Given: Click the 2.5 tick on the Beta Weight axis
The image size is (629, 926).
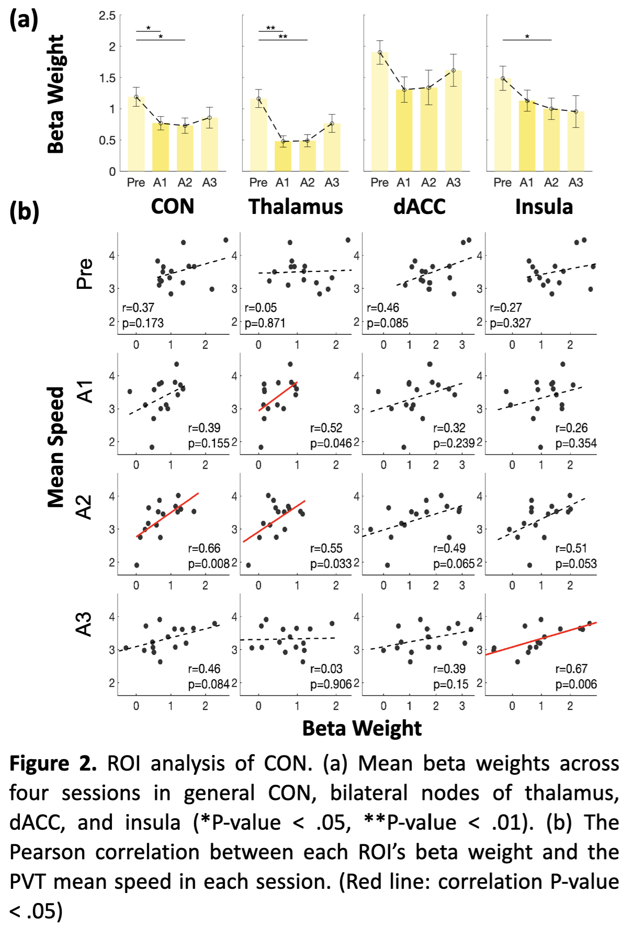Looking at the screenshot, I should coord(107,16).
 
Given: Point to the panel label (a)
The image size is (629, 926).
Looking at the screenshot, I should coord(24,20).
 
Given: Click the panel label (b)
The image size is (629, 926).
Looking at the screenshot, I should coord(24,212).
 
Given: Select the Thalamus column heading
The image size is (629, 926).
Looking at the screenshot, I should coord(296,207).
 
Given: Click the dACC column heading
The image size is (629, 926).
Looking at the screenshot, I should coord(419,207).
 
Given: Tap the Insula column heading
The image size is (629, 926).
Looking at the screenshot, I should coord(544,207).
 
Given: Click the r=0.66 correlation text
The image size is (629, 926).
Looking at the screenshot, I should coord(204,548).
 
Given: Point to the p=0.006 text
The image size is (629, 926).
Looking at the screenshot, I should coord(576,684).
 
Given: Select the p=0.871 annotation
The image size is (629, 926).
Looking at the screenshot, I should coord(265,323).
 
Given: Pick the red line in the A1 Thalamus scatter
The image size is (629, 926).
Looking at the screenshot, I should coord(278,396).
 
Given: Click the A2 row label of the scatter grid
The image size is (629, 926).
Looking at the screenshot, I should coord(84,506).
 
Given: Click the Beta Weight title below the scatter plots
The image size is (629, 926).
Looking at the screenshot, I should coord(362,728).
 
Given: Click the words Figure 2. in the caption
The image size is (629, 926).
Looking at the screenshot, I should coord(53,764).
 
